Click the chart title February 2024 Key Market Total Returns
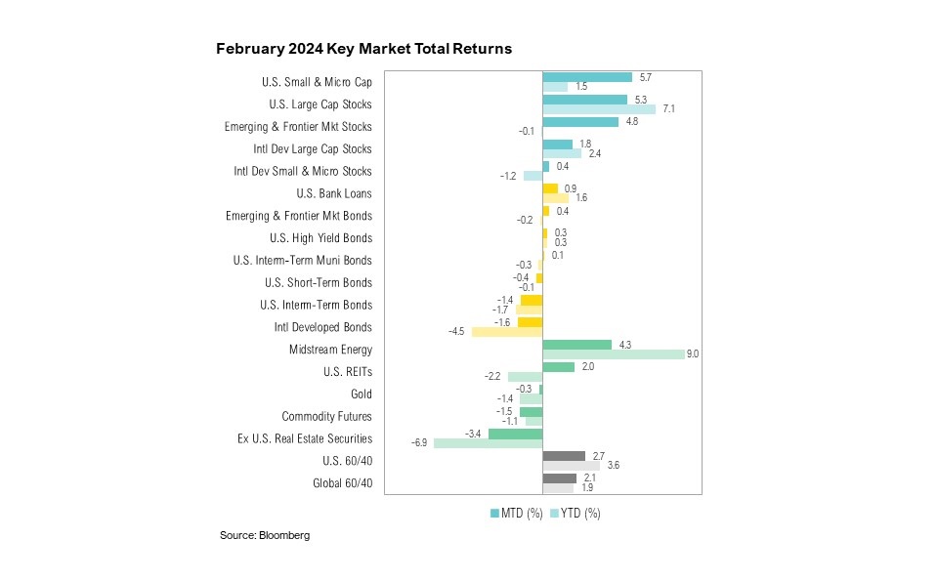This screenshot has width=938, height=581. [363, 48]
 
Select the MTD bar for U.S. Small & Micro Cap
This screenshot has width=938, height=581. [586, 76]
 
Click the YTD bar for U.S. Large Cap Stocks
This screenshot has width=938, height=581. [599, 109]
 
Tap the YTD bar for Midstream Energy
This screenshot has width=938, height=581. [613, 354]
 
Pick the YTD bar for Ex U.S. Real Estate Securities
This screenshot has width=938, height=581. [488, 443]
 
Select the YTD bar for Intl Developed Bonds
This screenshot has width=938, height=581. [506, 332]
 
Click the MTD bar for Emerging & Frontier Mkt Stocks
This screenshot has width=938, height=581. [580, 122]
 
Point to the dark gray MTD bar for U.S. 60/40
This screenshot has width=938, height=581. [564, 455]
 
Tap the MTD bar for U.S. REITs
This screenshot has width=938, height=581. [558, 366]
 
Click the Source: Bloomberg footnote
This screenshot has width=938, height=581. [264, 536]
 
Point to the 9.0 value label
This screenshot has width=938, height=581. [693, 354]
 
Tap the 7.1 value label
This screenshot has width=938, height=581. [668, 109]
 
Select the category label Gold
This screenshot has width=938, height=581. [361, 394]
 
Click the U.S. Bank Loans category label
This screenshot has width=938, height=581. [332, 193]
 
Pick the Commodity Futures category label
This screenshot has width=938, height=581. [326, 417]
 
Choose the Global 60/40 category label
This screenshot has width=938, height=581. [341, 483]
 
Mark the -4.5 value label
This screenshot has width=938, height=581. [456, 332]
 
